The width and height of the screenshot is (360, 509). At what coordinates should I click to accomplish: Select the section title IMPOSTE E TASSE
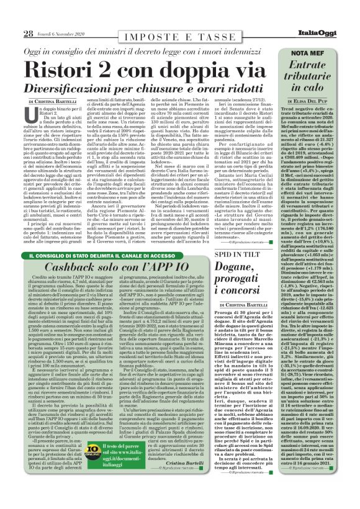(160, 33)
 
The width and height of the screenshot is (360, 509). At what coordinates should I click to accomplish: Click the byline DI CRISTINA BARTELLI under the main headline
(52, 101)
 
